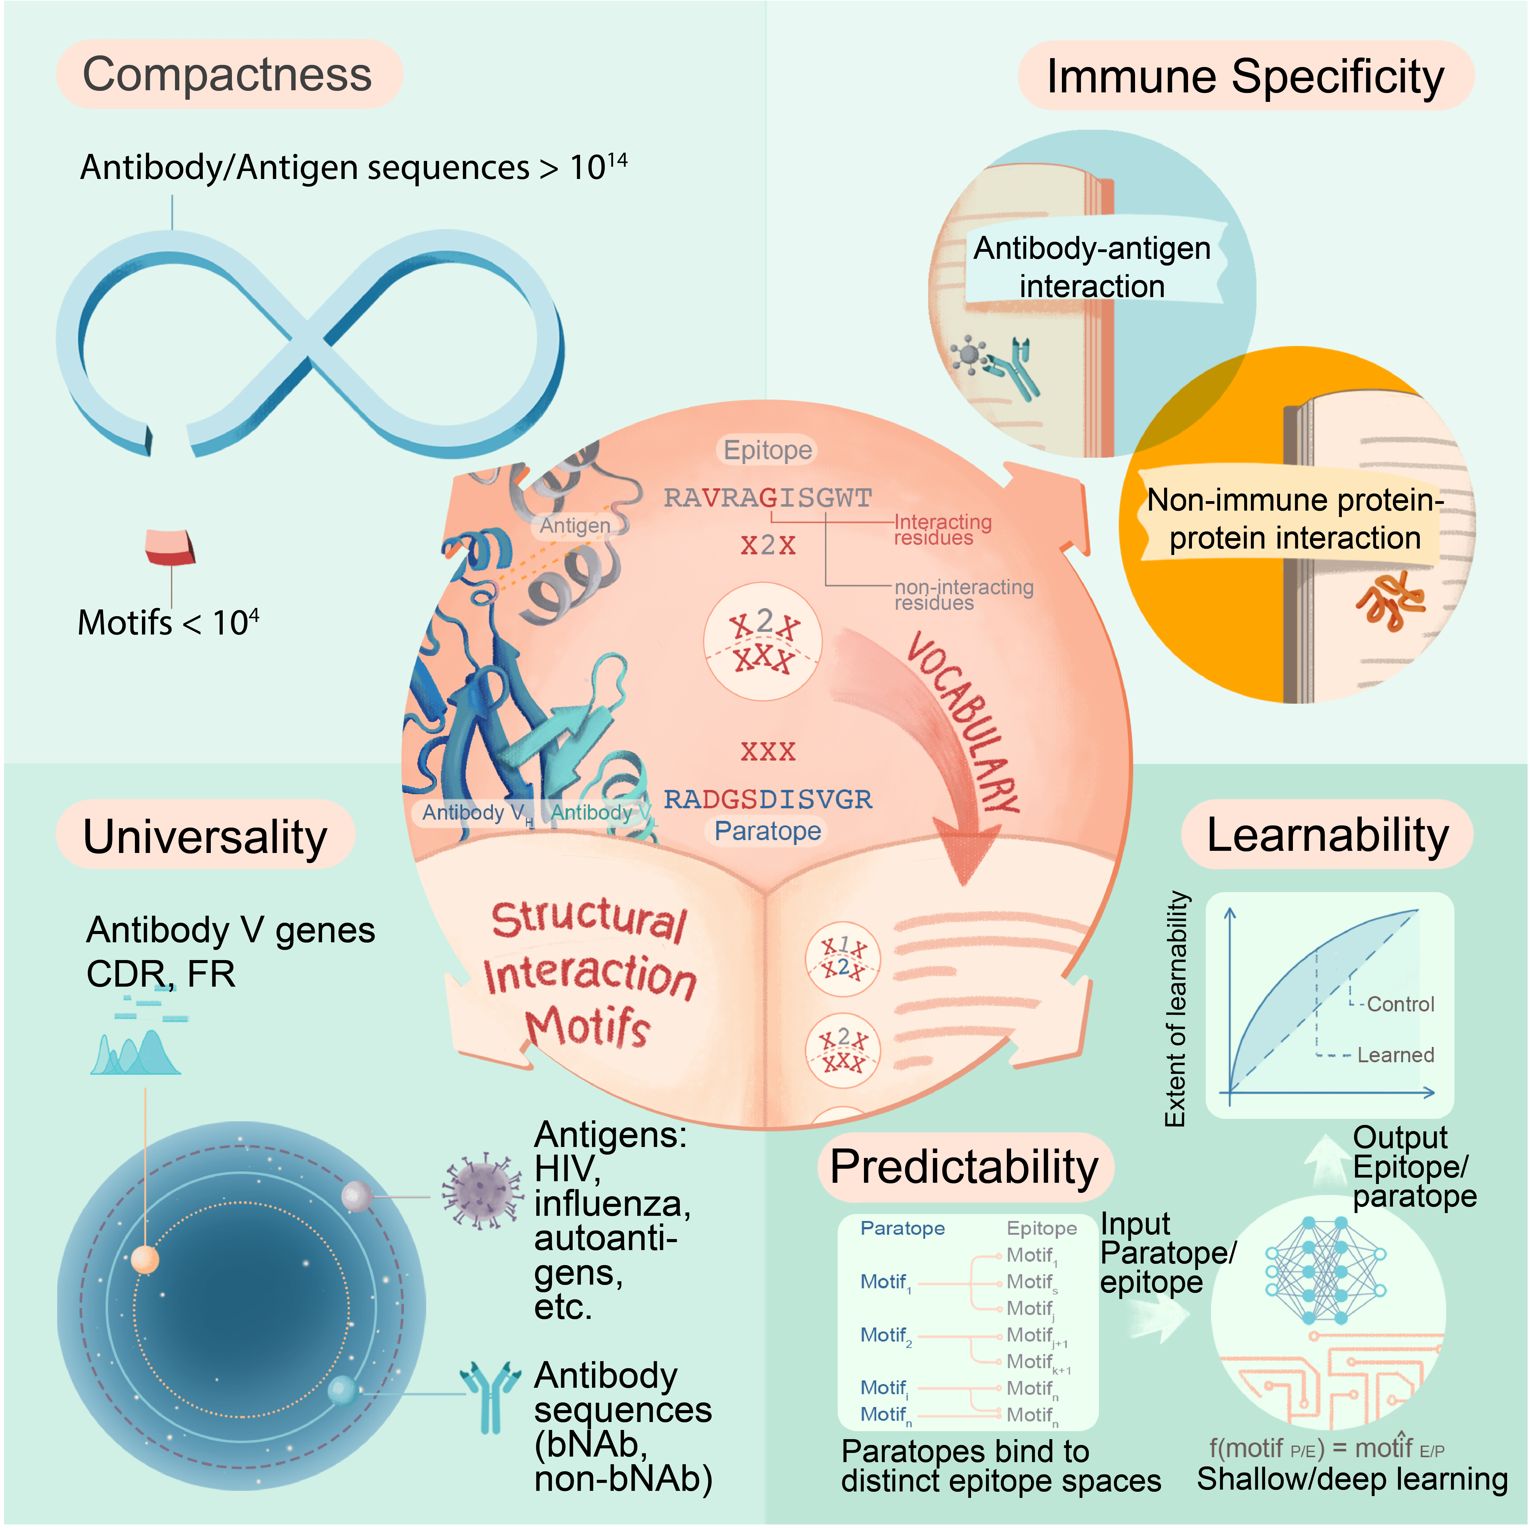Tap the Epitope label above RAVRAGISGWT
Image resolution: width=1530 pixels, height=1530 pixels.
[767, 450]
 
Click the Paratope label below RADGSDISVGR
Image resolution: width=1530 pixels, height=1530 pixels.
[767, 831]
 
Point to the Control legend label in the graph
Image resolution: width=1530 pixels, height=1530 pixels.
[1400, 1004]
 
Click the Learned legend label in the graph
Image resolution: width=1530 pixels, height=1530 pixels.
[1395, 1055]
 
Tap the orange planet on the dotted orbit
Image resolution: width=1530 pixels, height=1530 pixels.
[145, 1259]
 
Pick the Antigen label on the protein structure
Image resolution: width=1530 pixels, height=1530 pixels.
[575, 525]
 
